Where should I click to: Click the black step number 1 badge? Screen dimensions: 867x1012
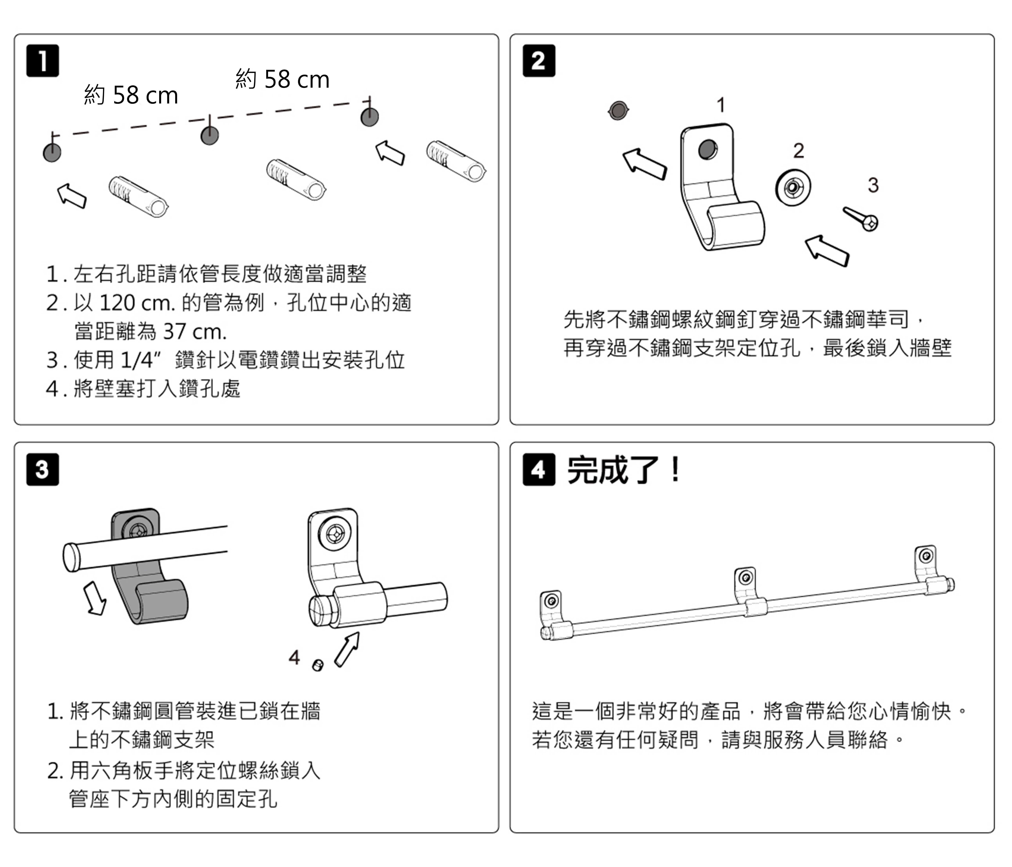click(42, 61)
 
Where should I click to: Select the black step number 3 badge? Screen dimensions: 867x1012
click(42, 469)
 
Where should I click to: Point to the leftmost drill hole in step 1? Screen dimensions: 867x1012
click(52, 152)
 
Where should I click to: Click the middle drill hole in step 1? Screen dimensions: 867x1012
click(209, 135)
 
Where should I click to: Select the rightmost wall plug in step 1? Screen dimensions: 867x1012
click(456, 161)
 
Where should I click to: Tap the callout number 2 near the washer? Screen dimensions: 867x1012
click(798, 150)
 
